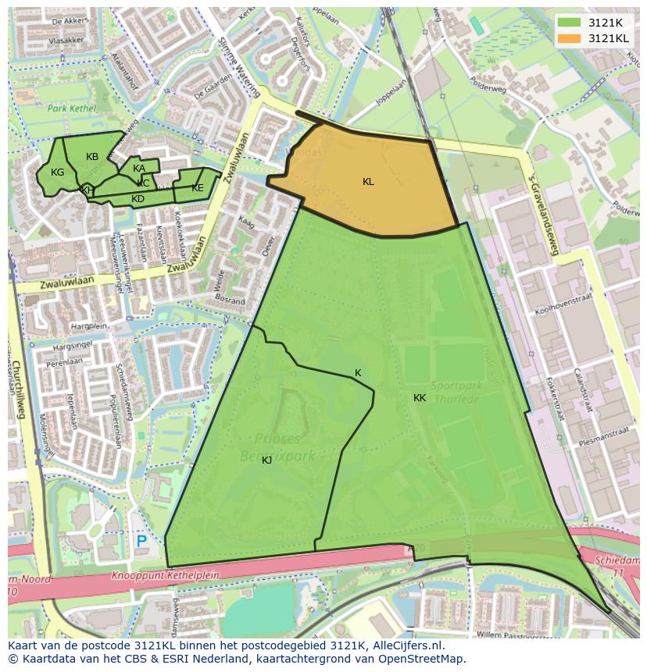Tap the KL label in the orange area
(x=368, y=182)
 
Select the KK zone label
(x=420, y=398)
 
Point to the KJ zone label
(x=266, y=460)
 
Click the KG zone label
(x=57, y=172)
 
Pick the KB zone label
(x=92, y=157)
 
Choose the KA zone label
(x=139, y=169)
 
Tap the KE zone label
(x=198, y=188)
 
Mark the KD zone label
(x=138, y=199)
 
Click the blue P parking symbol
(x=141, y=541)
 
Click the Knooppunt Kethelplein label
(x=165, y=576)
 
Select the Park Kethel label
(x=71, y=108)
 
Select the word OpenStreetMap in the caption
(x=425, y=659)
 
